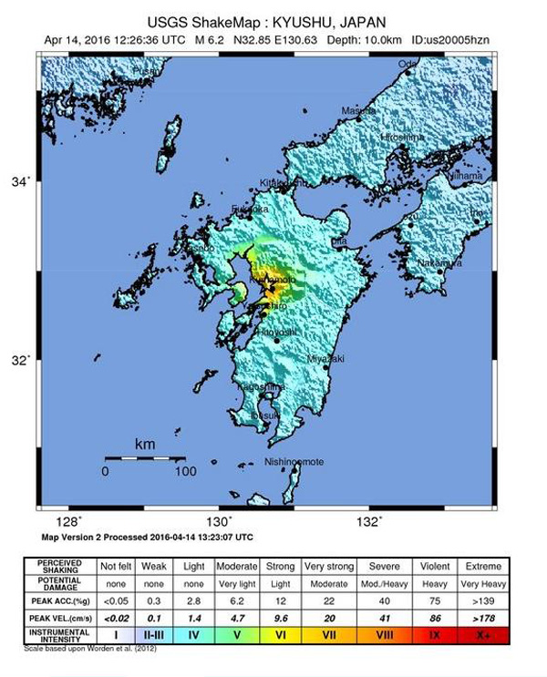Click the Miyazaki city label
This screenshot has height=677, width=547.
click(x=325, y=359)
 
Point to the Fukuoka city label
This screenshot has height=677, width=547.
click(x=250, y=210)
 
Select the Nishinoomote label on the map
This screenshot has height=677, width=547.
click(x=294, y=462)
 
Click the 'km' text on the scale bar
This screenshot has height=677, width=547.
click(x=144, y=444)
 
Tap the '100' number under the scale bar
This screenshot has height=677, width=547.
click(x=184, y=471)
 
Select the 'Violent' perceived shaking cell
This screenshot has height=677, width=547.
click(x=434, y=566)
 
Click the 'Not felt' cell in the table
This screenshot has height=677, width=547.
click(x=117, y=566)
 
